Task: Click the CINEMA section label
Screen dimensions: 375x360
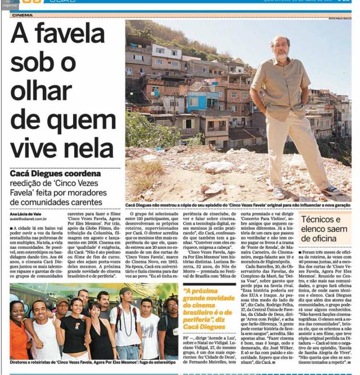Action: [x=22, y=15]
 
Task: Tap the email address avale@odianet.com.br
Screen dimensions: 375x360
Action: [x=30, y=219]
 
